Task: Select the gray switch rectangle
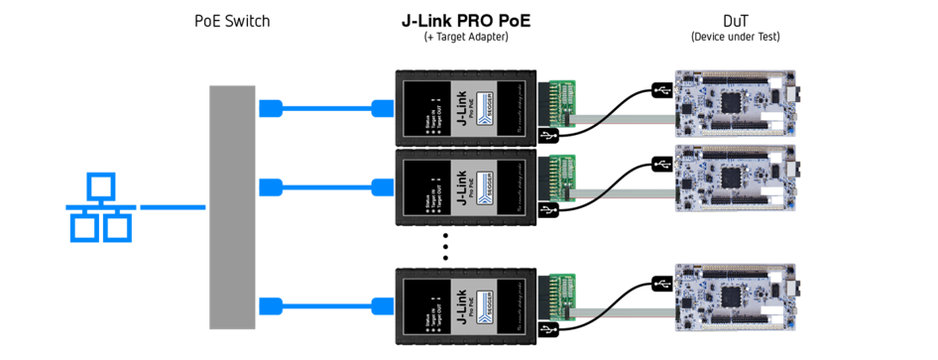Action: pos(232,206)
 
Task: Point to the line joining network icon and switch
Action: pos(173,207)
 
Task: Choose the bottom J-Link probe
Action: pos(466,305)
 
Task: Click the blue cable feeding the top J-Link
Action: pos(327,108)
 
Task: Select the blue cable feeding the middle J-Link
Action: pos(327,187)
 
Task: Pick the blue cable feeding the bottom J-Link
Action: pos(327,305)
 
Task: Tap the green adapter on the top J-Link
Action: pos(562,103)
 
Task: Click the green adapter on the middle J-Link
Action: pos(562,180)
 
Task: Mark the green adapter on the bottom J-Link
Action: pos(562,299)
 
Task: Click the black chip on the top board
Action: pos(732,101)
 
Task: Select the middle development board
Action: pos(735,180)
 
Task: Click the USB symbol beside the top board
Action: pos(661,91)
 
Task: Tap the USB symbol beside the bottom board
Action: pos(661,285)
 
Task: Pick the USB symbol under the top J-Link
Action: pos(548,135)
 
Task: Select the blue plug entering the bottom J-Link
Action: pos(381,305)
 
